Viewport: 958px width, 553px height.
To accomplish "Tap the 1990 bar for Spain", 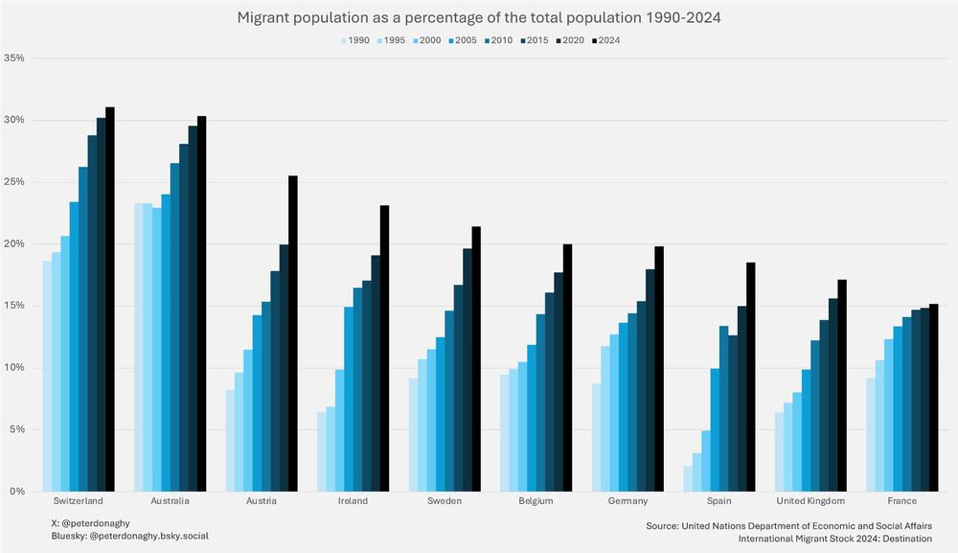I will (687, 478).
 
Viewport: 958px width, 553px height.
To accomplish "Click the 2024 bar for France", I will (933, 398).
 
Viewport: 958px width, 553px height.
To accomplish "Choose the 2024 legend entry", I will (606, 40).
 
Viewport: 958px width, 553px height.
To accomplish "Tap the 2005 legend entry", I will (465, 40).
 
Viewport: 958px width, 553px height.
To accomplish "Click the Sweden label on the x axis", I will (445, 501).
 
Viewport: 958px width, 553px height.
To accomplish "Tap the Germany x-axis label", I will (627, 501).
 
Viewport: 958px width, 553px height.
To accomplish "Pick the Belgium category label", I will (536, 501).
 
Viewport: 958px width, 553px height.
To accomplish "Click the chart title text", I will (478, 18).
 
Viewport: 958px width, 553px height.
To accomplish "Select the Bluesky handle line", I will (129, 538).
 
